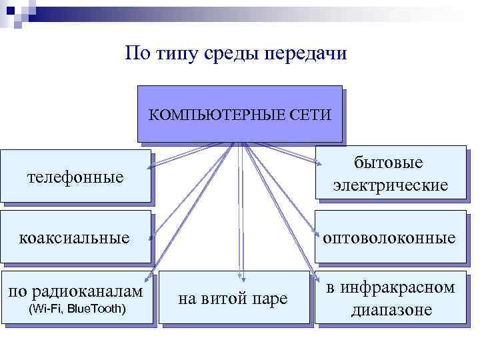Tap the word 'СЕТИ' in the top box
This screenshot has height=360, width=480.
pos(311,115)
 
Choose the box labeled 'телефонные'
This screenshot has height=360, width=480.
pos(75,177)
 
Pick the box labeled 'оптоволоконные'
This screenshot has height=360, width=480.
pos(390,237)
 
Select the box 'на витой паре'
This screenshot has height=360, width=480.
pos(234,299)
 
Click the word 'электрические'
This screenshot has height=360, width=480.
pos(390,185)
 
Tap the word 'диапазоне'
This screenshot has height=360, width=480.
pos(391,310)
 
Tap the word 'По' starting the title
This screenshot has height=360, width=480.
pos(136,53)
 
